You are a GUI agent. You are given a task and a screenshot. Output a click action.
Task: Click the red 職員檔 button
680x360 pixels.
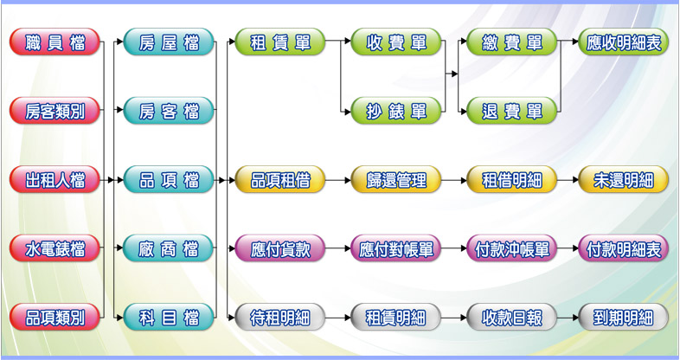[x=55, y=42]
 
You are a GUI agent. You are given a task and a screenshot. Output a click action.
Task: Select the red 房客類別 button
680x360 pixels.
[x=55, y=111]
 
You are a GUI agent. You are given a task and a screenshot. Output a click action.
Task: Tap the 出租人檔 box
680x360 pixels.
[x=55, y=180]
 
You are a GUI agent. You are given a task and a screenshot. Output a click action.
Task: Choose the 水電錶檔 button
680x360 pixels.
[x=55, y=249]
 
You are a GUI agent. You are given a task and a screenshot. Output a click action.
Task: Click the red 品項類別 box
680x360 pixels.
[x=55, y=318]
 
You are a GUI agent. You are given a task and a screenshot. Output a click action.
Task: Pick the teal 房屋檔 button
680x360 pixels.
[x=169, y=42]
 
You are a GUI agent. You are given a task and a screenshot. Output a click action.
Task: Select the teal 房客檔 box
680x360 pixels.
[x=169, y=111]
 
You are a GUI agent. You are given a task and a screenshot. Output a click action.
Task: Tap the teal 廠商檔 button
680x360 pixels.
[x=169, y=249]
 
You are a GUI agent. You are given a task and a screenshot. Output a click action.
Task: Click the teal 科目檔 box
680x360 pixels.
[x=169, y=318]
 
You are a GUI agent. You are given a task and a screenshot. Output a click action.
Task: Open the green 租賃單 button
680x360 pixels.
[x=279, y=42]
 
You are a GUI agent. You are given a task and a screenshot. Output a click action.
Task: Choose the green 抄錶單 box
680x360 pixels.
[x=396, y=111]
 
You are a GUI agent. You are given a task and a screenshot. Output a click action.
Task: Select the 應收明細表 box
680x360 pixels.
[x=623, y=42]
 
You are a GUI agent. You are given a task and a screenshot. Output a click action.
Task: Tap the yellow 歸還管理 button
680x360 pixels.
[x=396, y=180]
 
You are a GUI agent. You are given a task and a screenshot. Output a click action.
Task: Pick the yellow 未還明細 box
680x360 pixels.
[x=623, y=180]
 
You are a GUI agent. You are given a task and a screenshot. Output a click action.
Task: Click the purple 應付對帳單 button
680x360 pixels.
[x=396, y=249]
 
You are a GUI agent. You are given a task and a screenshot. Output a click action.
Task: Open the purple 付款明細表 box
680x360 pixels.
[x=623, y=249]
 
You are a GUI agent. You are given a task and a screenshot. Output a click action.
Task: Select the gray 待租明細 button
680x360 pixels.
[x=279, y=318]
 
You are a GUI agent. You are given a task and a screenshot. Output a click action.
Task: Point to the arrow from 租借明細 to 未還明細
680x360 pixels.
[x=568, y=180]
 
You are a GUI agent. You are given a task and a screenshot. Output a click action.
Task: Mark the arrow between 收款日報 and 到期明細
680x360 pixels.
[x=568, y=318]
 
